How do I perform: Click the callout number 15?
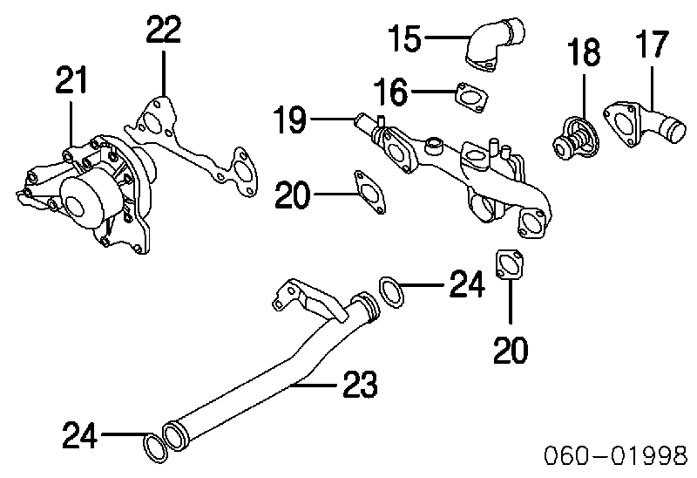click(x=404, y=38)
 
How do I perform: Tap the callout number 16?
click(x=390, y=92)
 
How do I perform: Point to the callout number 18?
click(x=584, y=51)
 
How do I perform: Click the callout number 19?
click(x=290, y=119)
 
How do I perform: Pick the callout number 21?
click(x=71, y=79)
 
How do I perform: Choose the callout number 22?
click(x=164, y=30)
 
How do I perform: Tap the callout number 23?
click(x=360, y=384)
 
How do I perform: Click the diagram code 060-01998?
click(x=617, y=454)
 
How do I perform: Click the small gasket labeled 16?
click(x=471, y=98)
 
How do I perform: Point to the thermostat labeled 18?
click(x=575, y=137)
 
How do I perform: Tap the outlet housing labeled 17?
click(x=645, y=124)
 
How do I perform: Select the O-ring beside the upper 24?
click(x=391, y=292)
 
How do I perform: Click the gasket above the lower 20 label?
click(x=510, y=266)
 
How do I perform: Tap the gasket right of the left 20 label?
click(x=369, y=192)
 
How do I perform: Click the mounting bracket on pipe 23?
click(x=307, y=300)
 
